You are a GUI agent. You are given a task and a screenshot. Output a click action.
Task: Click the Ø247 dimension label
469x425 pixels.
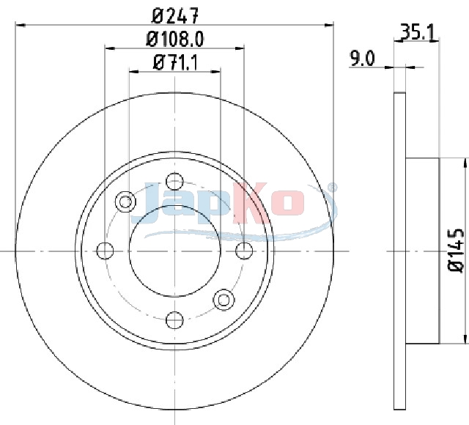pos(175,15)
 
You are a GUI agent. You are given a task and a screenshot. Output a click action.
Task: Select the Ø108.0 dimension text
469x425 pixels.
pos(175,39)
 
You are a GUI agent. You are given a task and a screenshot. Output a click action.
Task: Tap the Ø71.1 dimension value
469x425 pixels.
pos(175,62)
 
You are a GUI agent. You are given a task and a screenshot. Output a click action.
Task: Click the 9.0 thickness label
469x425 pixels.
pos(362,59)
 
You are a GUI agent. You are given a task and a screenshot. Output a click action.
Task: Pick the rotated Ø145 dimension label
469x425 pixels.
pos(456,251)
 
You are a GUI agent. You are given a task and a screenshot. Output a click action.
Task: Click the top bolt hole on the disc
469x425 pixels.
pos(174,181)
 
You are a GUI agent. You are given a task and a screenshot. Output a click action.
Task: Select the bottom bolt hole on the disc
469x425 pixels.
pos(174,319)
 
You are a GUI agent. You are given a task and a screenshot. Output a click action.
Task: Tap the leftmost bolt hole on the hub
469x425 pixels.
pos(105,251)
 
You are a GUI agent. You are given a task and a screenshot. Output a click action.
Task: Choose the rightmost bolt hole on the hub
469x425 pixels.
pos(244,251)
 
